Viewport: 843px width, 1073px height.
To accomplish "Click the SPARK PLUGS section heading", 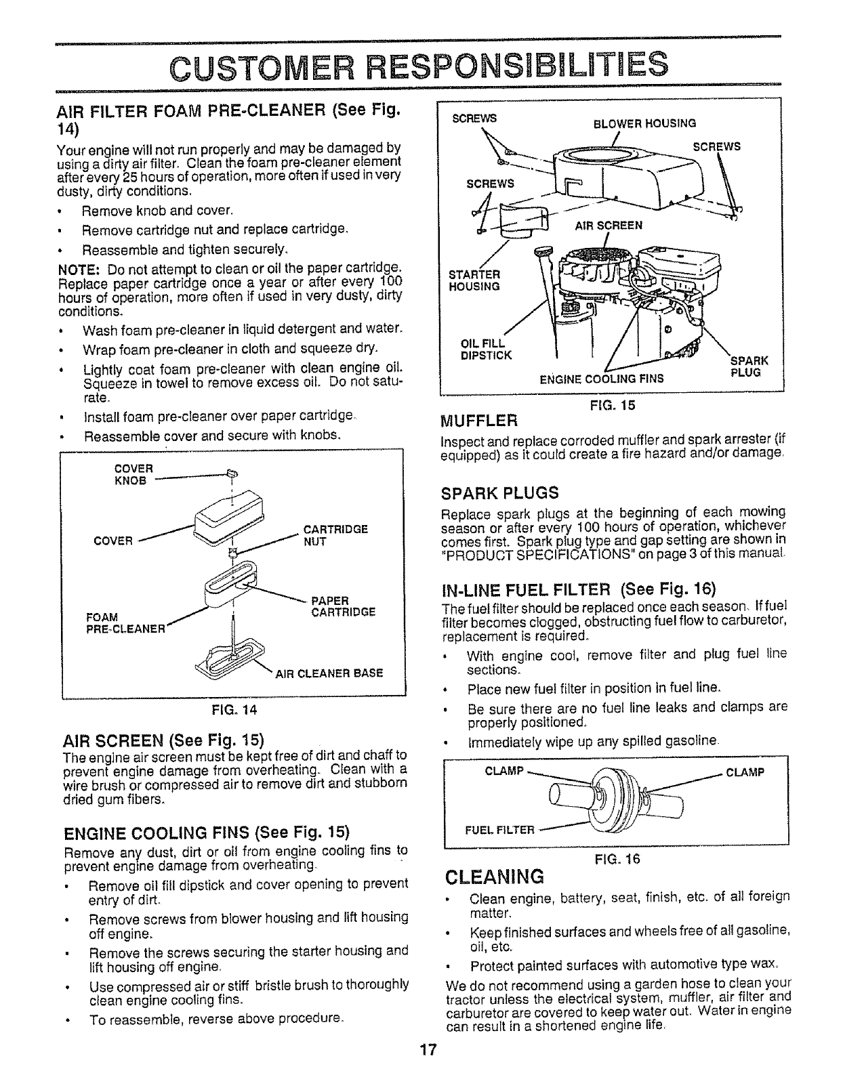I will tap(500, 492).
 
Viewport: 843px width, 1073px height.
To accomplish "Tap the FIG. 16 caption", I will tap(616, 859).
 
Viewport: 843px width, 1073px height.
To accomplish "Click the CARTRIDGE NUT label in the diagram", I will tap(335, 535).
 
